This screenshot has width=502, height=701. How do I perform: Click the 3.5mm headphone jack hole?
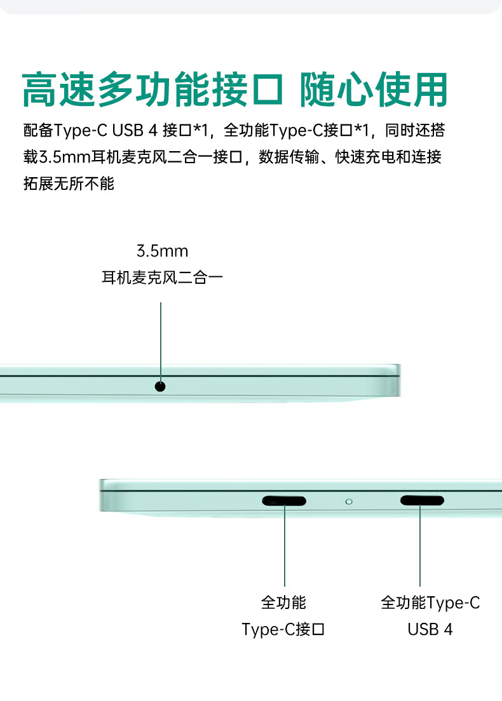(x=160, y=386)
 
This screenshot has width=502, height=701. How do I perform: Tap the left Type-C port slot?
(x=284, y=501)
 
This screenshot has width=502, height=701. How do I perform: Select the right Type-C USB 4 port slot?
(x=422, y=500)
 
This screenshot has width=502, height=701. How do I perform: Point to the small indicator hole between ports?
(x=349, y=502)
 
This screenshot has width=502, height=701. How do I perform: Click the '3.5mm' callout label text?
(x=163, y=251)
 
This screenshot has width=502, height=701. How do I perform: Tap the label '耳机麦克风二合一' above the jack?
(x=163, y=277)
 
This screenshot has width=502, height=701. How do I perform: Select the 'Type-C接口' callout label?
(x=283, y=629)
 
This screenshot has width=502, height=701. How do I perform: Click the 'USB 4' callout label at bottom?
(x=430, y=629)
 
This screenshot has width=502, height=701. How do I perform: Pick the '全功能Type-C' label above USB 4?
(x=430, y=603)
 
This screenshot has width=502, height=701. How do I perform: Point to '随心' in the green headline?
(x=337, y=90)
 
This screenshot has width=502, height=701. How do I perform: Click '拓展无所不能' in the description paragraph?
(x=69, y=184)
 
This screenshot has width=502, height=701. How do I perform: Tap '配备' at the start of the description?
(x=39, y=130)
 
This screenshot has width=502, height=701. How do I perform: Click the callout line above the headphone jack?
(x=161, y=342)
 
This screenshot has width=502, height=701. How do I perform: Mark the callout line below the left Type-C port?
(x=285, y=546)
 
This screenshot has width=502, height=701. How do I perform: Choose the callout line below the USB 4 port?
(x=420, y=546)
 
